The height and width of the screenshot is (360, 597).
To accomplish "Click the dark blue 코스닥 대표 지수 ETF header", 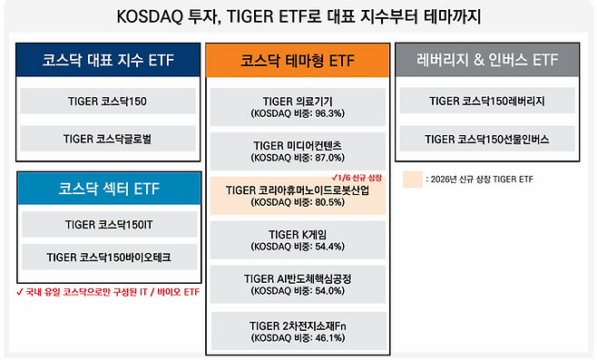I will point(109,61).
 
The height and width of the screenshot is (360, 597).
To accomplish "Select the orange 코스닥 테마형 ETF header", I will point(298,61).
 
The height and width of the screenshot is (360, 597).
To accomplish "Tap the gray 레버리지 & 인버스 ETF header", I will point(487,61).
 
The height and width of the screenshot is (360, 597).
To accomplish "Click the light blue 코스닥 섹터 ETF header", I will point(109,190).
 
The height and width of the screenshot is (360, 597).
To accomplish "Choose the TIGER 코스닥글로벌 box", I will point(109,138).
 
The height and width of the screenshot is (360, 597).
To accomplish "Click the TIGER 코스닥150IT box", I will point(109,223).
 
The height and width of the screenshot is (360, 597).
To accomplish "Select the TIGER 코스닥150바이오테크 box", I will point(109,258).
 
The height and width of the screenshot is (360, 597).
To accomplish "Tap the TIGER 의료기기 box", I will point(298,107).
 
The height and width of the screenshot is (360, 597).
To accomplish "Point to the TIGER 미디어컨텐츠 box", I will point(298,151).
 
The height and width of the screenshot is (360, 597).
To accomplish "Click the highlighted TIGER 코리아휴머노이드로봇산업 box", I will point(298,196).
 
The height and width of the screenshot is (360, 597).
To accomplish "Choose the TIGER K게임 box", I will point(298,239).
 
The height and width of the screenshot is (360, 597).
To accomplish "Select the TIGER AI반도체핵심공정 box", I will point(298,284).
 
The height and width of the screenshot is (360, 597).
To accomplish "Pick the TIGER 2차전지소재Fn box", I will point(298,328).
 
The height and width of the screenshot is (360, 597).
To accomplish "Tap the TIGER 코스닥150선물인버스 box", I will point(487,139).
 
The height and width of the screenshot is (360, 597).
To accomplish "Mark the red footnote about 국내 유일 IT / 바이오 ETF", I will point(107,292).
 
